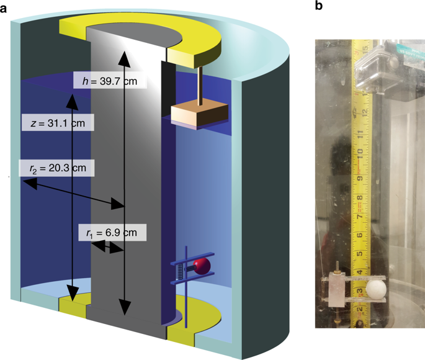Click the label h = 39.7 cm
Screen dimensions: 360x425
[x=110, y=80]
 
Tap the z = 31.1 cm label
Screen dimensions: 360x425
[x=57, y=123]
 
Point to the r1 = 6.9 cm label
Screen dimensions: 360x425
[x=112, y=233]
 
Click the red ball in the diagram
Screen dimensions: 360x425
[x=201, y=267]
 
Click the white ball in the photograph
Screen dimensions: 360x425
[x=377, y=290]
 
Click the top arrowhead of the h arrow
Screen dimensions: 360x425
[x=125, y=55]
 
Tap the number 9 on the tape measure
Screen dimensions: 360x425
[x=359, y=179]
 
